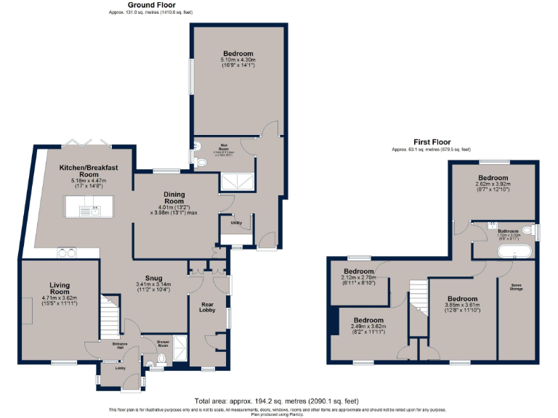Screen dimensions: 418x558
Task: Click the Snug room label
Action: [x=153, y=276]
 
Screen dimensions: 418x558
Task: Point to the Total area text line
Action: [x=277, y=401]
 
